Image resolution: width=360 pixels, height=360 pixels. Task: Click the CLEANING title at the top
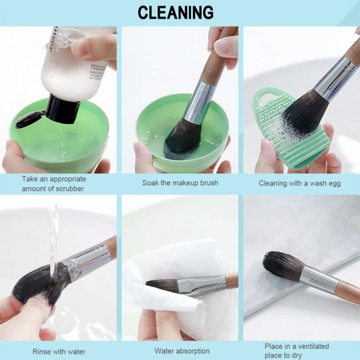pyautogui.click(x=175, y=13)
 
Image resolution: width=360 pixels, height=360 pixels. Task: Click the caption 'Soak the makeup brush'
pyautogui.click(x=180, y=183)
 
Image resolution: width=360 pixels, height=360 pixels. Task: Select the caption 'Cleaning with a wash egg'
pyautogui.click(x=300, y=183)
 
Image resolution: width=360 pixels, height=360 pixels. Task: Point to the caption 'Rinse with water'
pyautogui.click(x=59, y=351)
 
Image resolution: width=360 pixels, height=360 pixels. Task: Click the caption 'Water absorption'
pyautogui.click(x=182, y=351)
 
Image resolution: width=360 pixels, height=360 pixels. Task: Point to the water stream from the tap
pyautogui.click(x=53, y=234)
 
